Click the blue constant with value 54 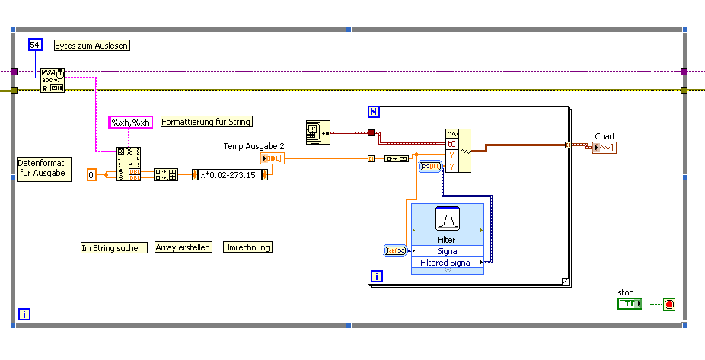[x=34, y=46]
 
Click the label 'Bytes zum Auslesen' [x=91, y=46]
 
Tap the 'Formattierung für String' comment [x=206, y=122]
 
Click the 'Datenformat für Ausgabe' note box [x=43, y=168]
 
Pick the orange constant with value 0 [x=92, y=174]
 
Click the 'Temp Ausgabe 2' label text [x=254, y=145]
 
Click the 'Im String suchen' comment [x=113, y=247]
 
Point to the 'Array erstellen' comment [x=183, y=247]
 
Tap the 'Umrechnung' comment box [x=247, y=247]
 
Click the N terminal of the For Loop [x=374, y=113]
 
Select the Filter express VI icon [x=447, y=219]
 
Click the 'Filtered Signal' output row [x=448, y=263]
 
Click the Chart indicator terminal [x=604, y=147]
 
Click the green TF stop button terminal [x=629, y=304]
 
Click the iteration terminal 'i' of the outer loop [x=24, y=314]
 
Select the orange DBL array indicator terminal [x=272, y=158]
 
